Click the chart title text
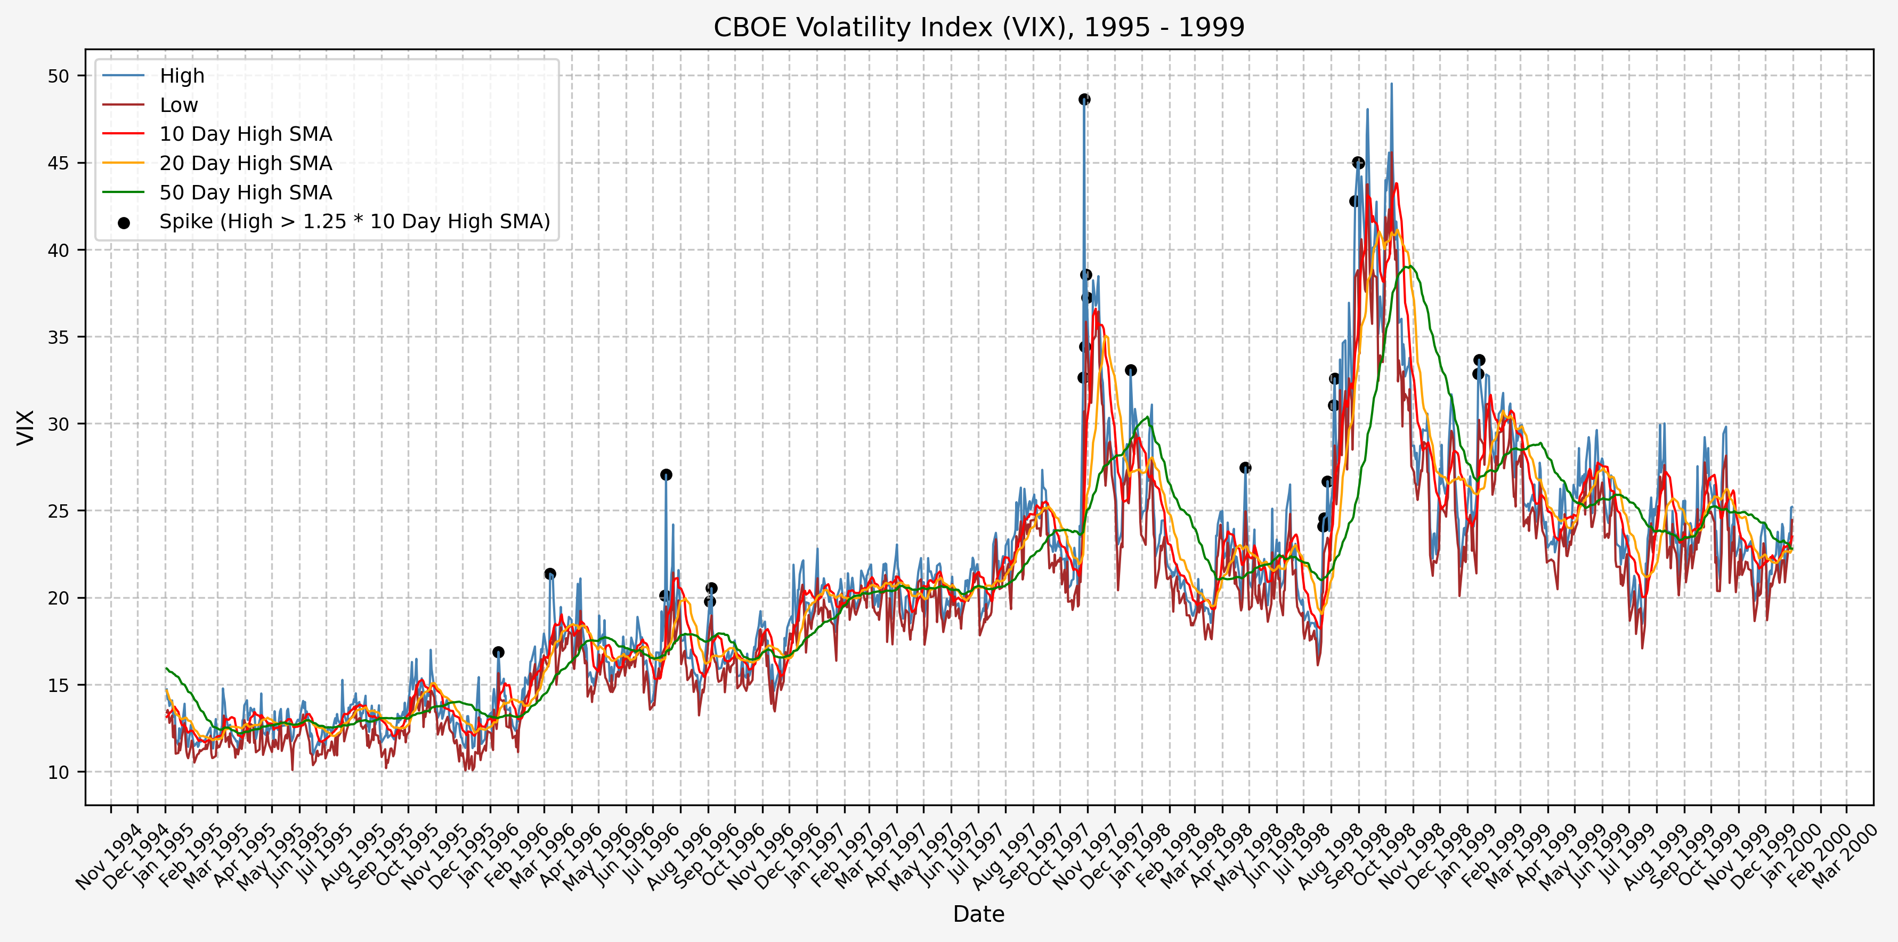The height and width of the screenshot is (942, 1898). pos(978,27)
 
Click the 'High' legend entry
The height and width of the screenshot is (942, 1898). pos(182,76)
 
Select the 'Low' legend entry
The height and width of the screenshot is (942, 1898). pos(179,106)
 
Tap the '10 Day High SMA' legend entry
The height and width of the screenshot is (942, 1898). pos(245,134)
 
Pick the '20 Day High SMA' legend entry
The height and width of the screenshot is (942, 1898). pos(245,164)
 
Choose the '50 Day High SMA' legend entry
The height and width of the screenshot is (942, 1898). pos(245,193)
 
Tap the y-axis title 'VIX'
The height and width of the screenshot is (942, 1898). pos(26,428)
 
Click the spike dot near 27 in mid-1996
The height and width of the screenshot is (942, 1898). pos(666,474)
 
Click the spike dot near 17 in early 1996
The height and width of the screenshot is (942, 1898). pos(498,653)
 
